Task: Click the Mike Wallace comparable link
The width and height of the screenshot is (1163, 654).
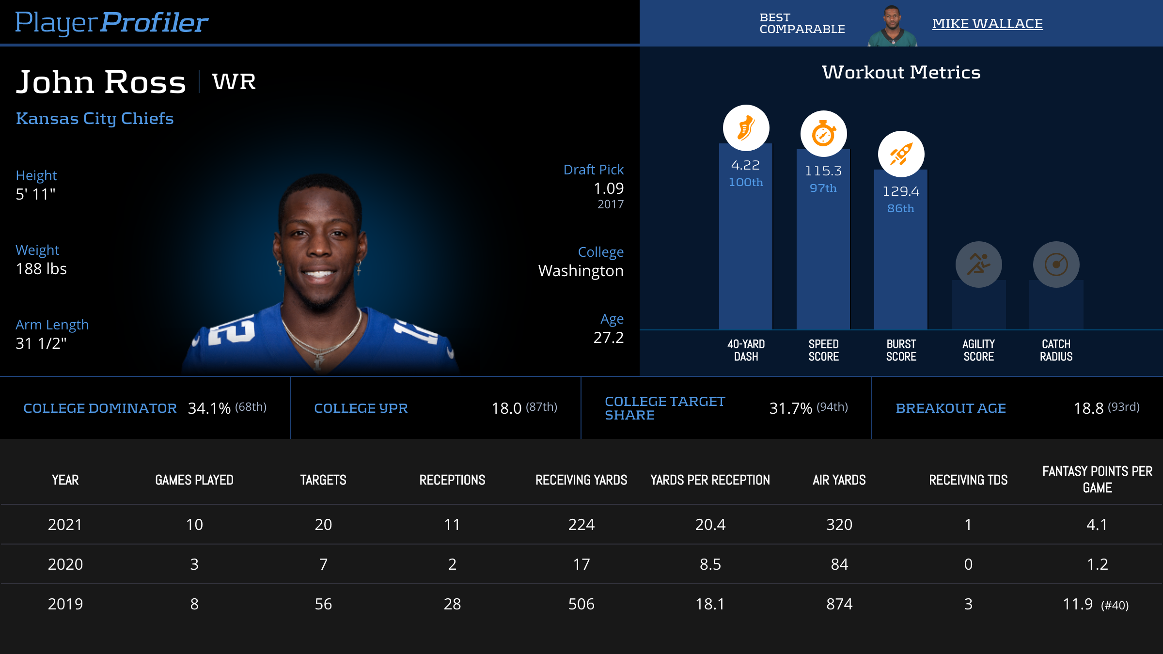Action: tap(987, 24)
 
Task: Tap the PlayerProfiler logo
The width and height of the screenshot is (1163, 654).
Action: tap(111, 22)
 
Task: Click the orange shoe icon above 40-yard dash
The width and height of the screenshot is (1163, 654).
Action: tap(746, 128)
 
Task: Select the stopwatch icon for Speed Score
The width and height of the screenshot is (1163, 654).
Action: tap(823, 134)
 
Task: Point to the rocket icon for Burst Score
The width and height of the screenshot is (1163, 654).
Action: tap(901, 154)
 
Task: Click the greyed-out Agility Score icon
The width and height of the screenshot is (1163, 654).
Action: tap(978, 265)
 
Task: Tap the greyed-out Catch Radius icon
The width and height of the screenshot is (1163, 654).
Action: tap(1056, 265)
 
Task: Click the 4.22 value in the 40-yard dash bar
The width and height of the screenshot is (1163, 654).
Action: tap(745, 165)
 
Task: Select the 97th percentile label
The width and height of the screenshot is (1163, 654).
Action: tap(823, 188)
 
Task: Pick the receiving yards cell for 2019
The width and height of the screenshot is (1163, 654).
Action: tap(581, 604)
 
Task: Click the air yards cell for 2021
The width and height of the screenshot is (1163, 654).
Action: tap(839, 525)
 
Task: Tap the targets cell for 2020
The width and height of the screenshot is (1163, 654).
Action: tap(323, 564)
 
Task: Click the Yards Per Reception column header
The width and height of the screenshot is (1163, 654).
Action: tap(710, 480)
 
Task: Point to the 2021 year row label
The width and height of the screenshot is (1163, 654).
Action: tap(65, 525)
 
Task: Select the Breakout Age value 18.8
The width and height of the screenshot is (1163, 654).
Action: tap(1088, 408)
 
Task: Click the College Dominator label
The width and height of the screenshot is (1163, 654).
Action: tap(100, 408)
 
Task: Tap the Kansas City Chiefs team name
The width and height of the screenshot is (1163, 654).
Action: tap(94, 118)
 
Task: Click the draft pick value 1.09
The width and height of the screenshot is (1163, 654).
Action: tap(608, 188)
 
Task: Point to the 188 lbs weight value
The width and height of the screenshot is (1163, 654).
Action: tap(41, 269)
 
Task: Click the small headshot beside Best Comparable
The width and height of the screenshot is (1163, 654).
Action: tap(892, 26)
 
